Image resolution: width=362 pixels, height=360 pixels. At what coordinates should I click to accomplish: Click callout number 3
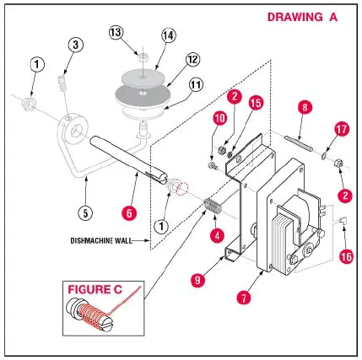pyautogui.click(x=75, y=44)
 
